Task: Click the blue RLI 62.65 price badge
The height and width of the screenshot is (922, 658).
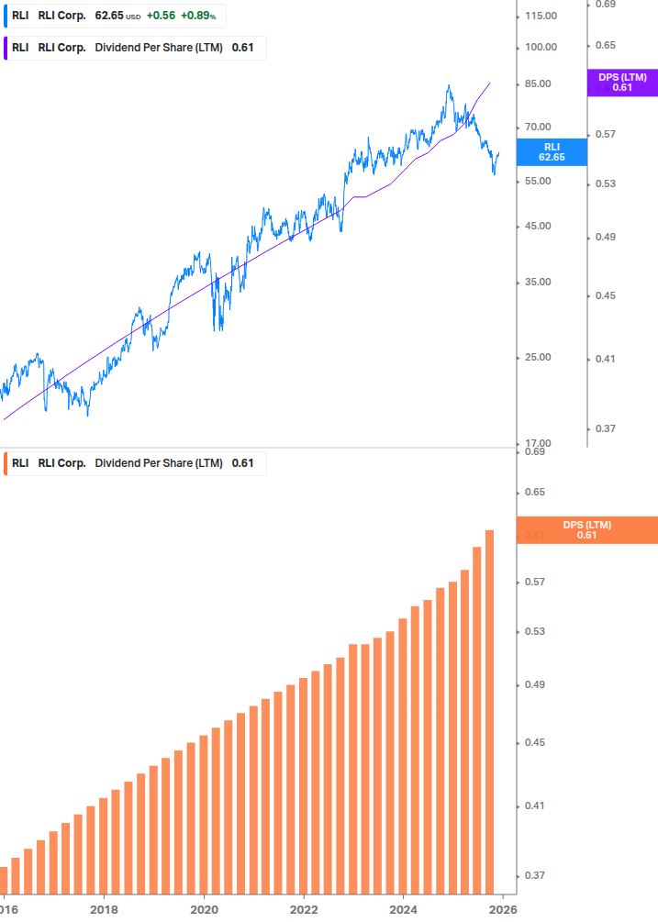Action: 552,151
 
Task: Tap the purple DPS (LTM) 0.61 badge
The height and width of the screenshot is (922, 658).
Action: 622,83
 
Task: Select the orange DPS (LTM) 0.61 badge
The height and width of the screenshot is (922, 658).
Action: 586,529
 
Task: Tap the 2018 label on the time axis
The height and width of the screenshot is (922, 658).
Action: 104,909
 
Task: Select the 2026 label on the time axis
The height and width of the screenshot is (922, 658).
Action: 502,909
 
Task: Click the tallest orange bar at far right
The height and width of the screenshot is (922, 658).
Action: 490,711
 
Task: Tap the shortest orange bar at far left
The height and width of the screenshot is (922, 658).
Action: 3,880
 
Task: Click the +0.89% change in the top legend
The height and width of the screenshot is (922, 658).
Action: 197,16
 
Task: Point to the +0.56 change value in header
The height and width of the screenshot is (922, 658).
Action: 161,16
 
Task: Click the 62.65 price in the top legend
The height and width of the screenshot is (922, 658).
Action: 108,16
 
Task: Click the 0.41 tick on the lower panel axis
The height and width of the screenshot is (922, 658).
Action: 533,806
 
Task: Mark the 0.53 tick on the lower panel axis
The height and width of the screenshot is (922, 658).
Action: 533,632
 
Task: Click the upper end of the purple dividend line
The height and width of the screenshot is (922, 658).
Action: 490,83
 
